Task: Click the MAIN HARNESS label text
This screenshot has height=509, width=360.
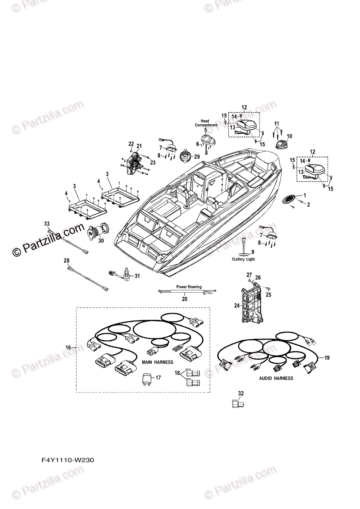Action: (157, 362)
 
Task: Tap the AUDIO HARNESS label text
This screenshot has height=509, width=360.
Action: (276, 378)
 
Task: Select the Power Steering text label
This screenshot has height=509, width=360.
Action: (188, 287)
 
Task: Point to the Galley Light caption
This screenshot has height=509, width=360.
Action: (243, 259)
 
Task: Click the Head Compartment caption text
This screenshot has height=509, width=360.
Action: (206, 123)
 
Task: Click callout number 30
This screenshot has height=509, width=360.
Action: (101, 241)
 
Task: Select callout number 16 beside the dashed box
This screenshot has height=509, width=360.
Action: (68, 347)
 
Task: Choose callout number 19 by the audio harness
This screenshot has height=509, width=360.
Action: (326, 358)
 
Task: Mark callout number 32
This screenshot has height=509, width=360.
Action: (241, 393)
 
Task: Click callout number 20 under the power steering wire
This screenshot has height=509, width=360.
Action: (184, 299)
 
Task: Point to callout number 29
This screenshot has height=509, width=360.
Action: (197, 157)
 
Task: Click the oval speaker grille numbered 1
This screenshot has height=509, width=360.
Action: (289, 200)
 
